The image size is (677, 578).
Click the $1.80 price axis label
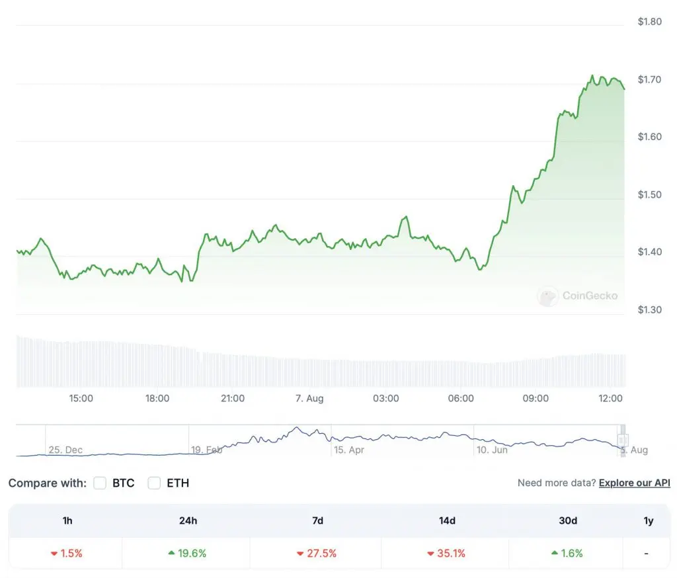[649, 22]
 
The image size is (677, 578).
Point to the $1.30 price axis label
[649, 310]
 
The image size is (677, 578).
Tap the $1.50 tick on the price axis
[649, 194]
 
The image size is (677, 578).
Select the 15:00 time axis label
[81, 398]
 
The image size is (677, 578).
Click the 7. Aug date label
[309, 398]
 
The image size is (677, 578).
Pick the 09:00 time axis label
[536, 398]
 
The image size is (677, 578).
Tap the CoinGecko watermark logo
[547, 296]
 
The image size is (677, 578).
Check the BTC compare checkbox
[100, 483]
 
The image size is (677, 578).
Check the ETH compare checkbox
[154, 483]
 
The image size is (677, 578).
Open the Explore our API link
[634, 483]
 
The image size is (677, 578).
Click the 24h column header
[188, 520]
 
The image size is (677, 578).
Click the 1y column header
[648, 520]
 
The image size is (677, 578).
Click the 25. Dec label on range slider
[65, 450]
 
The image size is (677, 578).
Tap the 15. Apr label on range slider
[349, 450]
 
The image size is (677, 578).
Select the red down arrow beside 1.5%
[54, 553]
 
